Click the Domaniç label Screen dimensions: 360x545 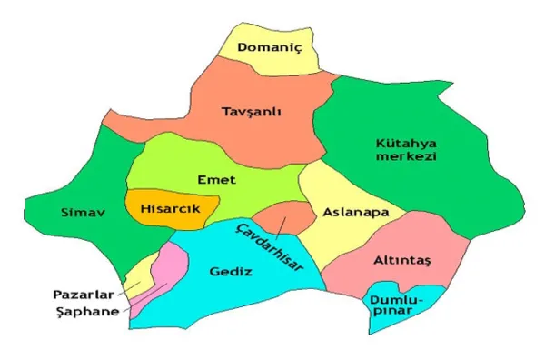[270, 46]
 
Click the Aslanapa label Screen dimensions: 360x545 [350, 212]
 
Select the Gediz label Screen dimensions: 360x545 [229, 271]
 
